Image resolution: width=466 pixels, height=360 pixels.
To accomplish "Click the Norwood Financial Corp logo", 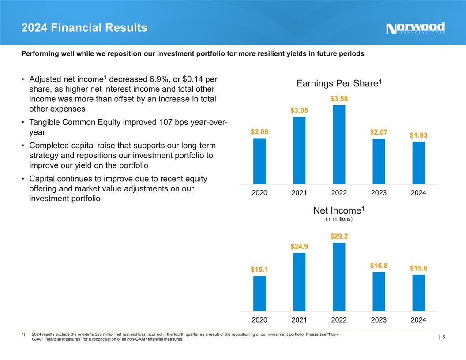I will (415, 28).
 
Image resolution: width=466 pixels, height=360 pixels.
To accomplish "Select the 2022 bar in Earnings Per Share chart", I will (339, 145).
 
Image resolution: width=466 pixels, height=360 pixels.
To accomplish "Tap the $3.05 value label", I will (299, 110).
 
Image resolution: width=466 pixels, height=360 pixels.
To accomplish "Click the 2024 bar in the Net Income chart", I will (418, 293).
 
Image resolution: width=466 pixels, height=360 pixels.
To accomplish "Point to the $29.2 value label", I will (339, 236).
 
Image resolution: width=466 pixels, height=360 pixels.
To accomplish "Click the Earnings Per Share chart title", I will (338, 83).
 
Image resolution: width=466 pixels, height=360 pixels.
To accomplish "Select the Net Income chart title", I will (338, 210).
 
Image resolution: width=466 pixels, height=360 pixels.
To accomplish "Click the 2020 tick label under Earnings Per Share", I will (259, 193).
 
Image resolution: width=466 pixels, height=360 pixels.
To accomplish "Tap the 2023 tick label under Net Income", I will (379, 320).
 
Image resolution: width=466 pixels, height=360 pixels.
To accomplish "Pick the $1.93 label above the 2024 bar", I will (418, 135).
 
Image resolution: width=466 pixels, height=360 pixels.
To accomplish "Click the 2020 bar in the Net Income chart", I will (259, 294).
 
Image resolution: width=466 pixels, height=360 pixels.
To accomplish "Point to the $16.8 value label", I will (379, 266).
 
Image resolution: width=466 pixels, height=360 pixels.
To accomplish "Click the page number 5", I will (443, 337).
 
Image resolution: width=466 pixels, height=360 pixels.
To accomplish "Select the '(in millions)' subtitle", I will (339, 218).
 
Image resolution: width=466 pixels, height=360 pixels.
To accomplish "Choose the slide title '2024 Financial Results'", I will (84, 28).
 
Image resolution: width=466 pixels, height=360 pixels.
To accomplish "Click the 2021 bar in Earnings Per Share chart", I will (299, 150).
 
